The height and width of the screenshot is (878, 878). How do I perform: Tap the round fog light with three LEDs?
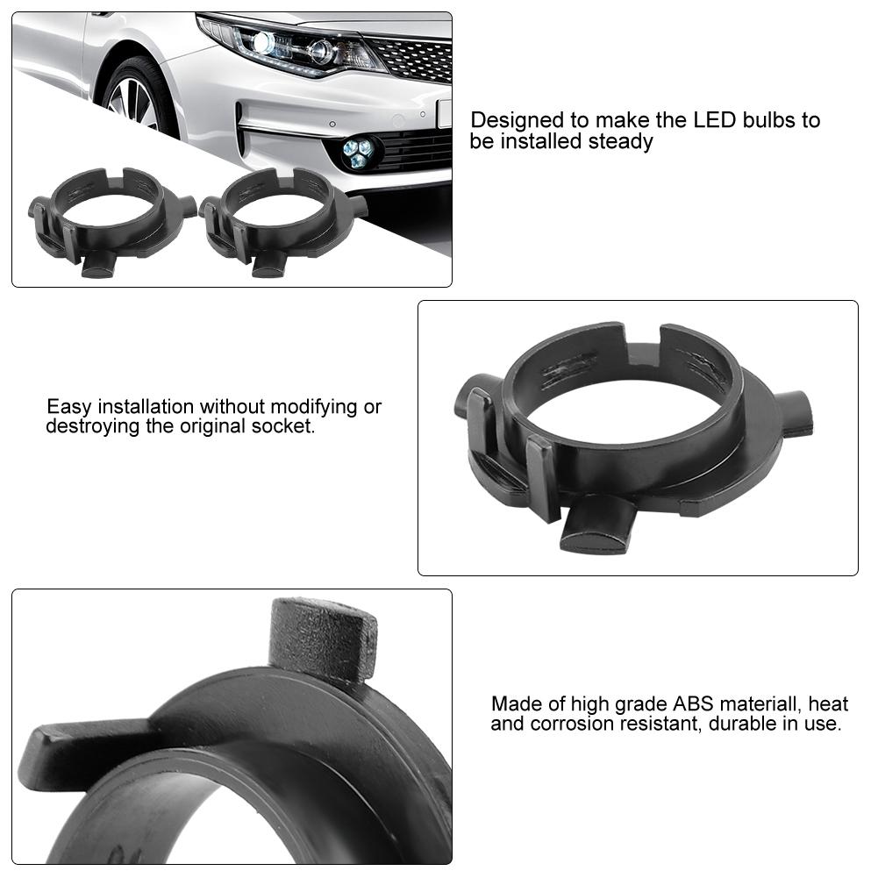[357, 152]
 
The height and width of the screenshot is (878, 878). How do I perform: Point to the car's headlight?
[289, 44]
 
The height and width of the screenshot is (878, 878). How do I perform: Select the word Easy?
[69, 407]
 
